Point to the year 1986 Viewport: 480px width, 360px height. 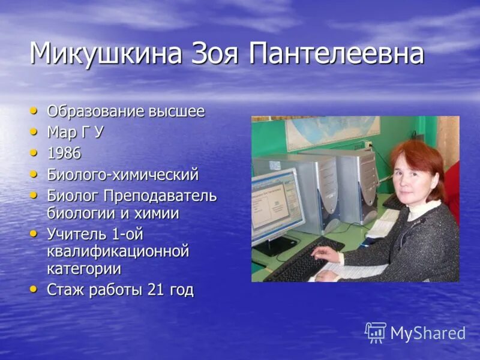[x=64, y=154]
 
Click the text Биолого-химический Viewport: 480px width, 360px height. [x=122, y=175]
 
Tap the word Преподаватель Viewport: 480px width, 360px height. [x=160, y=196]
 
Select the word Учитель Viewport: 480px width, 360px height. [x=75, y=234]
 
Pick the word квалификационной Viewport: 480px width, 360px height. [x=118, y=251]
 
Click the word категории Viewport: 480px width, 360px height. [x=83, y=269]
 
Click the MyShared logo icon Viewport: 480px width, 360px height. [x=376, y=332]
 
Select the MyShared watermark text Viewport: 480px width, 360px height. [x=428, y=334]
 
